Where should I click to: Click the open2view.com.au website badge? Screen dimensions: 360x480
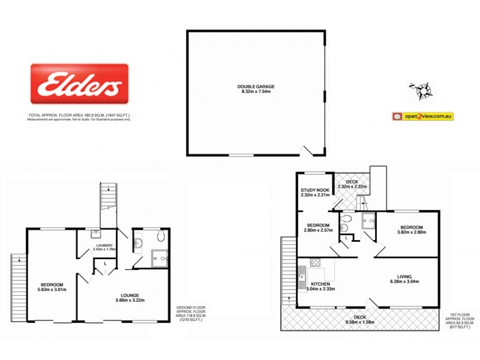(421, 116)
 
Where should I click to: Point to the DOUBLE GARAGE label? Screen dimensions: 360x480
(256, 86)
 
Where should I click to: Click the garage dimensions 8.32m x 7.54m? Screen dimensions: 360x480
(256, 92)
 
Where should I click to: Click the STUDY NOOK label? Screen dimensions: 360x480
(315, 190)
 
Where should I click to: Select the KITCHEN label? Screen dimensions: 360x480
(322, 283)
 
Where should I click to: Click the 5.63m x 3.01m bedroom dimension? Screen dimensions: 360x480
(52, 290)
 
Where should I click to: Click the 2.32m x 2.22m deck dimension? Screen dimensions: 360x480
(352, 187)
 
